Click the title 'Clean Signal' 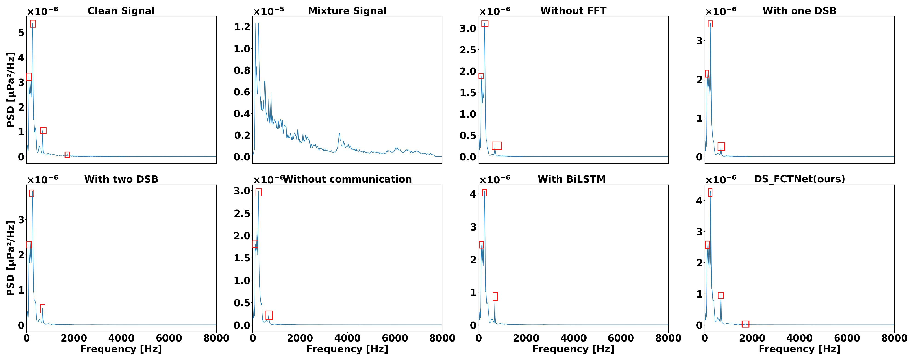(x=121, y=11)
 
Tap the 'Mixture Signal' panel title (x=347, y=11)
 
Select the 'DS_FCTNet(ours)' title (x=800, y=179)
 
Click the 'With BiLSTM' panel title (x=571, y=179)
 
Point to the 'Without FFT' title (x=573, y=11)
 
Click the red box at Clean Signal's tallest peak (x=33, y=24)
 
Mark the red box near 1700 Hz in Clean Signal (x=67, y=155)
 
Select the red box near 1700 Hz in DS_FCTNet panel (x=745, y=324)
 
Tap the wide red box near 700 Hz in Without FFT (x=497, y=146)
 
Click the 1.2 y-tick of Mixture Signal (x=242, y=27)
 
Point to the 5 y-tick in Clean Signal (x=21, y=33)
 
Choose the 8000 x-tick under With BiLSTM (x=668, y=338)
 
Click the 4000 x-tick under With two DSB (x=121, y=338)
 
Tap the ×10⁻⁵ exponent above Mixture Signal (x=268, y=11)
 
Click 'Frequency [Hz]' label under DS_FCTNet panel (x=800, y=349)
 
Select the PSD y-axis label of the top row (x=11, y=90)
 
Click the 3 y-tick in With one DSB (x=699, y=41)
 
